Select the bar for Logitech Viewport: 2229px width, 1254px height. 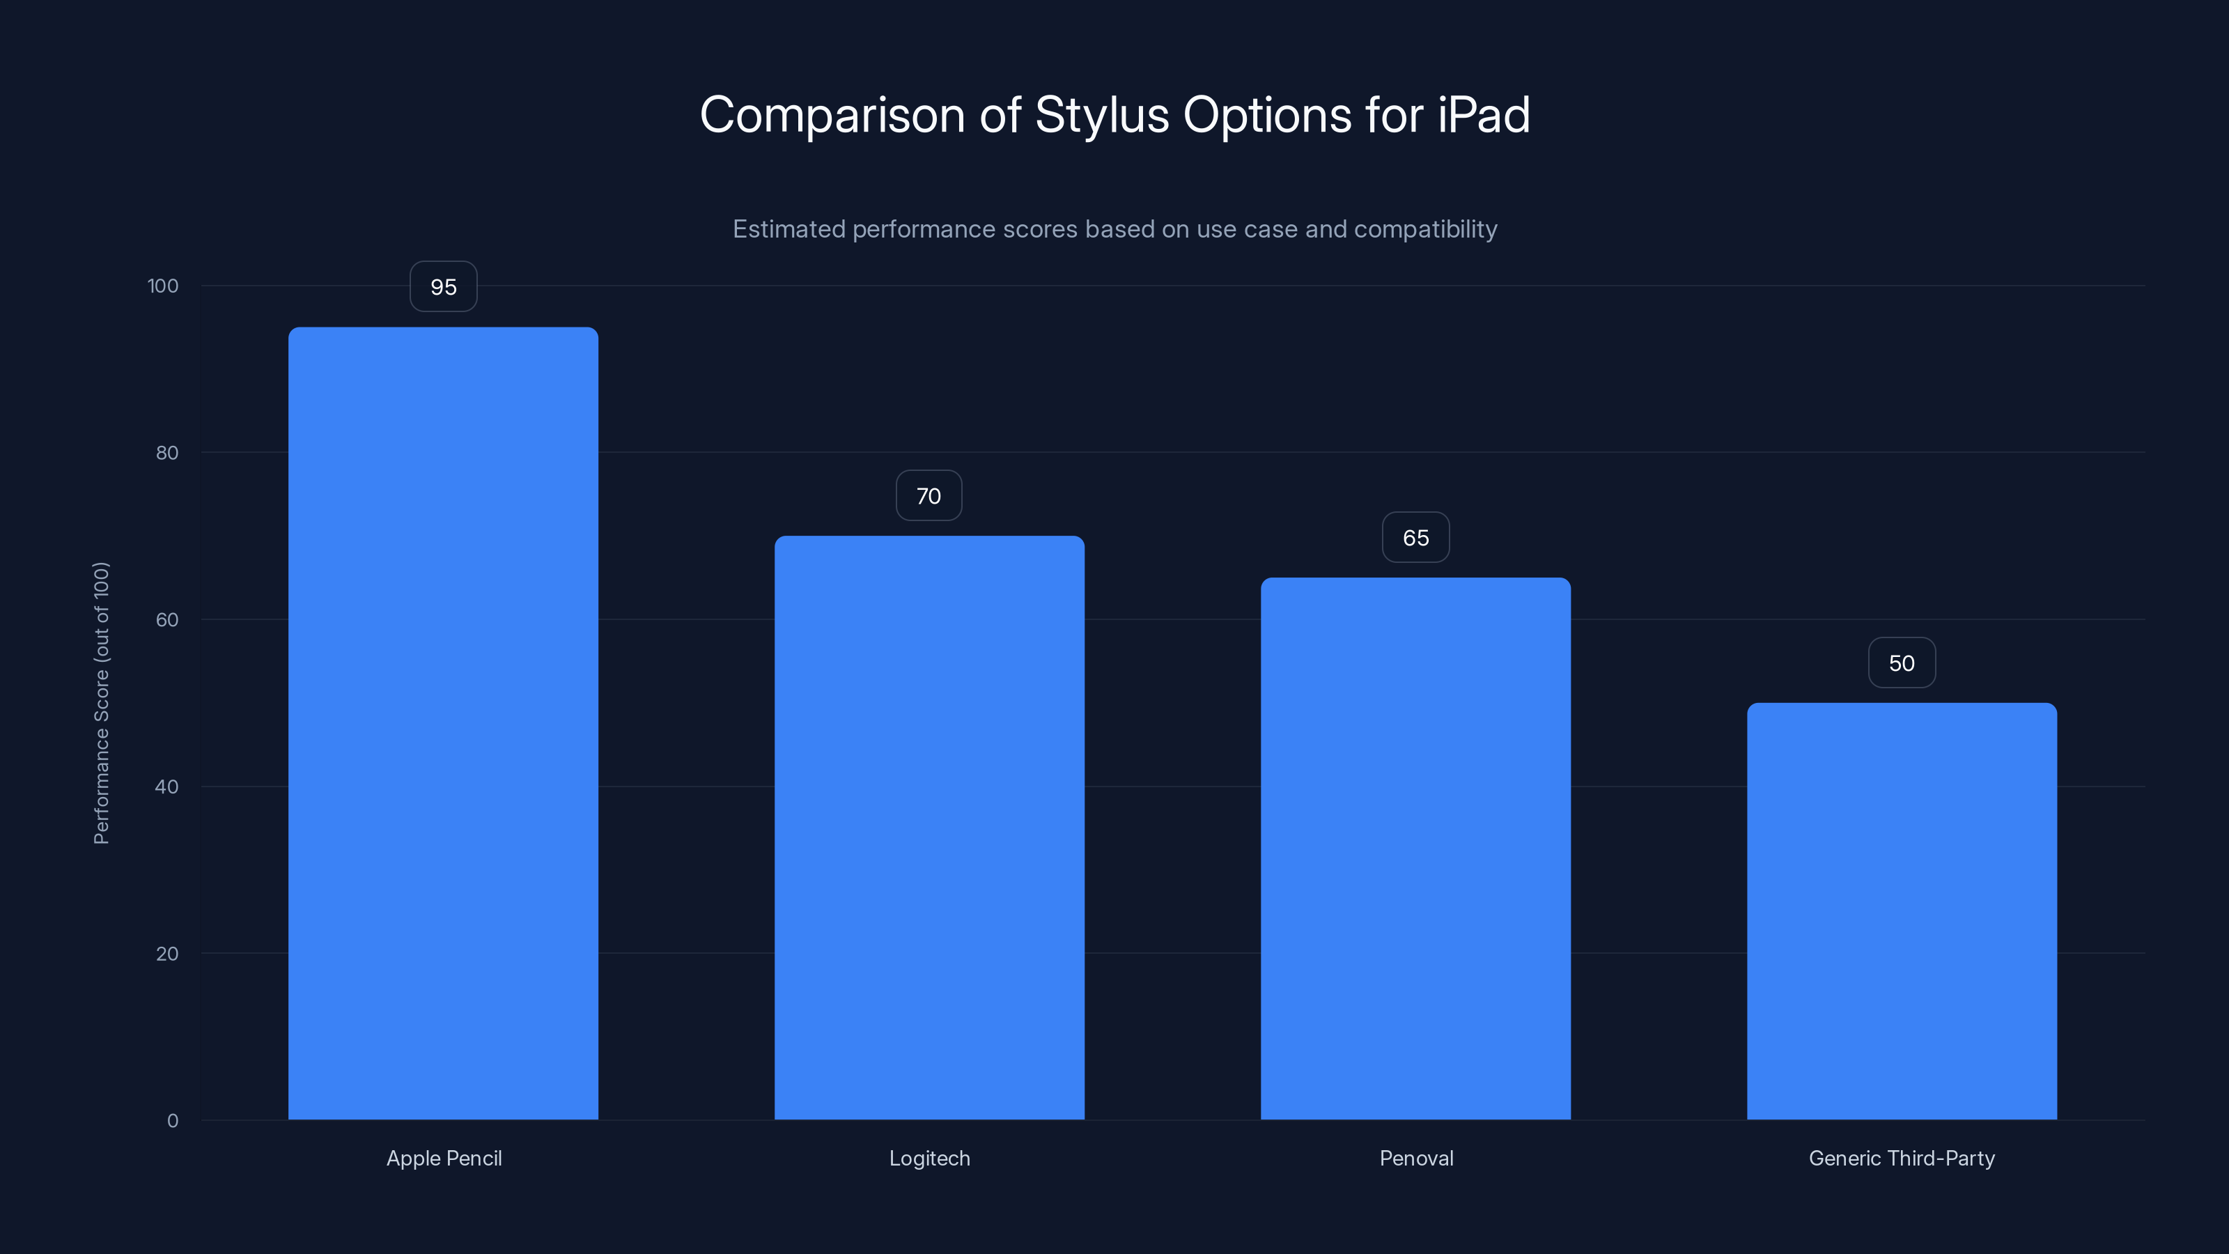tap(929, 828)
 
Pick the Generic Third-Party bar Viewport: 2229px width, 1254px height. tap(1902, 911)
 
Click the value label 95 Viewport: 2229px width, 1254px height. tap(443, 286)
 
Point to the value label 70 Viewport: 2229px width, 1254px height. tap(929, 496)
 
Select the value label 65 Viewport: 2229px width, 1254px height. tap(1415, 537)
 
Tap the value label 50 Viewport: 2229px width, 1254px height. tap(1902, 663)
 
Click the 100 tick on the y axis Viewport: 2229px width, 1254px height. tap(163, 286)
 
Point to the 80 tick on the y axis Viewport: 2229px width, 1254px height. tap(167, 453)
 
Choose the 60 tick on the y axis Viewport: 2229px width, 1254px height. tap(167, 619)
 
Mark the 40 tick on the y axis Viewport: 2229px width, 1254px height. tap(167, 787)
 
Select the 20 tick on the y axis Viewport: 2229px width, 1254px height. tap(167, 954)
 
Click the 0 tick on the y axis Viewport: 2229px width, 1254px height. tap(172, 1121)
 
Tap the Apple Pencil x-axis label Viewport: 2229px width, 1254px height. tap(444, 1158)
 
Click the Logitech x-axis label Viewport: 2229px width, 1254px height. tap(929, 1158)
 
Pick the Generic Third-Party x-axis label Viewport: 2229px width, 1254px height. tap(1902, 1158)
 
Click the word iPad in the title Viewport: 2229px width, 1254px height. tap(1483, 115)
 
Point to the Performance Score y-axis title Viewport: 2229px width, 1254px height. tap(101, 703)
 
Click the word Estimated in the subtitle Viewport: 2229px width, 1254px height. tap(789, 229)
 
